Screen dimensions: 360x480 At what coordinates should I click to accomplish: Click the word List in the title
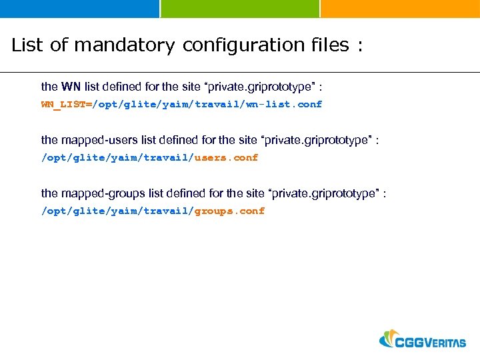tap(27, 45)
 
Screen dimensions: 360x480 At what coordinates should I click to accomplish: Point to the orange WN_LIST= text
tap(67, 104)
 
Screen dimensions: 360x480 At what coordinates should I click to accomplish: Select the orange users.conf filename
tap(226, 157)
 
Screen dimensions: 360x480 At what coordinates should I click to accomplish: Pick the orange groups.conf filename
tap(229, 211)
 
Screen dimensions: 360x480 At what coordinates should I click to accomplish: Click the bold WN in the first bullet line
tap(71, 87)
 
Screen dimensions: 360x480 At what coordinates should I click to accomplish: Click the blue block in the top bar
tap(79, 9)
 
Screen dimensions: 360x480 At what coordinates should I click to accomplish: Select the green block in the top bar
tap(240, 9)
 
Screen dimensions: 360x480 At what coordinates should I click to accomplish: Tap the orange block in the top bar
tap(400, 9)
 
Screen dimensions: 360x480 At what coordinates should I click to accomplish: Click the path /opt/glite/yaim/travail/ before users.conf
tap(117, 157)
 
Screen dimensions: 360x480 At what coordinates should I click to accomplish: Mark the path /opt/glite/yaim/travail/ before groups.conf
tap(117, 211)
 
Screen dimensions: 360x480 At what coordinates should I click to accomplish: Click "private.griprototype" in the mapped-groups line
tap(323, 193)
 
